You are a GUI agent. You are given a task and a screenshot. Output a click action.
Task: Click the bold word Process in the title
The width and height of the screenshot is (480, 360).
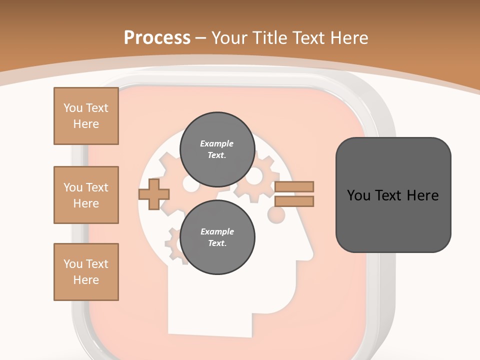[x=157, y=37]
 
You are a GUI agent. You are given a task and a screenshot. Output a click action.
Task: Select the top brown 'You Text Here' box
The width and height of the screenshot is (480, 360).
[x=86, y=116]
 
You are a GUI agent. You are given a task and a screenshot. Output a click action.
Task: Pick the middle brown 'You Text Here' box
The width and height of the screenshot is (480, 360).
[x=86, y=195]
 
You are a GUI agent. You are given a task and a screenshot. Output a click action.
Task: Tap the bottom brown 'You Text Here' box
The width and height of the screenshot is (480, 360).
[x=86, y=272]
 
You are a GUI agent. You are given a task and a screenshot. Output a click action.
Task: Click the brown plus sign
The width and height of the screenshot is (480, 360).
[x=153, y=194]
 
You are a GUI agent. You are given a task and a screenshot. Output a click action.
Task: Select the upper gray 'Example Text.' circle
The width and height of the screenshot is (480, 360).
[x=217, y=149]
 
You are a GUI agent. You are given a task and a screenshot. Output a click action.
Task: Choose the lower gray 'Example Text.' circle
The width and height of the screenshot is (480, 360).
[x=217, y=237]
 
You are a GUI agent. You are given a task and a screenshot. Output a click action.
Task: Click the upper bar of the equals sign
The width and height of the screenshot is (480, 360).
[x=294, y=186]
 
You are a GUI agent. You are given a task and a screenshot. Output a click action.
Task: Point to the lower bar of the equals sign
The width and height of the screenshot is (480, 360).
[x=294, y=201]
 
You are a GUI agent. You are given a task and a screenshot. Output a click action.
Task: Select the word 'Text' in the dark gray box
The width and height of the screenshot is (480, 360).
[x=392, y=195]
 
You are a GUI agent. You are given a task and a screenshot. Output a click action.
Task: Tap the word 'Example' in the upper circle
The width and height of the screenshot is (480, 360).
[x=217, y=143]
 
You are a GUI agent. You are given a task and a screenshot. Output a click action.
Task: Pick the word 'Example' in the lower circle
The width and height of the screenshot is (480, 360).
[x=217, y=231]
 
